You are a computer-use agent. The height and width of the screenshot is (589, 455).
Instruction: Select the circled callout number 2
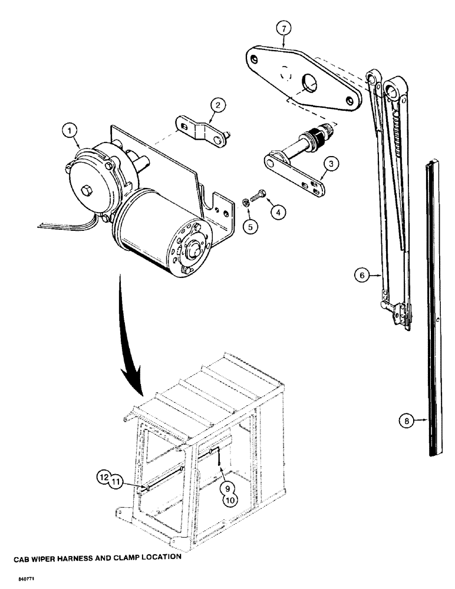coord(218,106)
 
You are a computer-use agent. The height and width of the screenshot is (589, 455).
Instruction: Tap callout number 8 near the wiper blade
coord(404,421)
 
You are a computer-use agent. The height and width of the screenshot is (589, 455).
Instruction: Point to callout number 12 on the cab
coord(104,478)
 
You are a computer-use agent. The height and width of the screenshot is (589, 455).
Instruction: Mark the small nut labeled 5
coord(245,203)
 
